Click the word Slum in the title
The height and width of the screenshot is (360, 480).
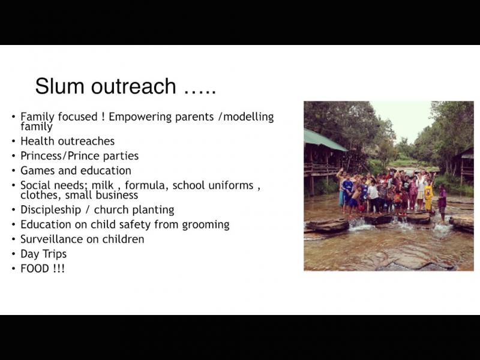click(x=59, y=86)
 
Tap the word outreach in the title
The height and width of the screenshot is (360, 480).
click(x=133, y=86)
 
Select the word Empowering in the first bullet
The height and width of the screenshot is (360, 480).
click(x=140, y=117)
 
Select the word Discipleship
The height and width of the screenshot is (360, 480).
click(x=51, y=210)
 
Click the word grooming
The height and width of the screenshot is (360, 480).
click(x=206, y=225)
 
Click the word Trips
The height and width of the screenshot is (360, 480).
click(x=55, y=254)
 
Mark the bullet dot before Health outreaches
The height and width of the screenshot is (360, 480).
click(x=13, y=142)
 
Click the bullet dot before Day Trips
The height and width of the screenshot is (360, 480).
click(x=13, y=254)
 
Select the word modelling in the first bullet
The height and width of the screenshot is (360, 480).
click(x=248, y=117)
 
